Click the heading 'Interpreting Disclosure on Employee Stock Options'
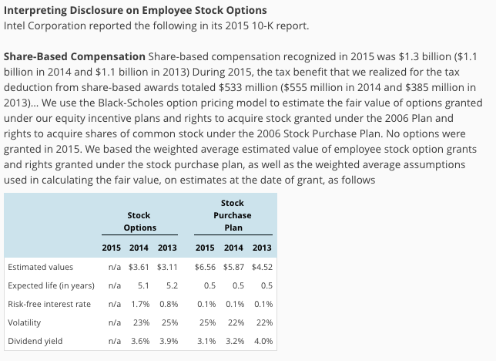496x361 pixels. click(136, 10)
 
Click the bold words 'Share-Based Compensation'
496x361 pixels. click(74, 57)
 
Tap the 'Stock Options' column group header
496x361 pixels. click(139, 221)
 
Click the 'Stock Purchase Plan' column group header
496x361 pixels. click(233, 215)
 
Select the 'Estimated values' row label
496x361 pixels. click(40, 267)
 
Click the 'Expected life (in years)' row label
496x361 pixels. click(51, 285)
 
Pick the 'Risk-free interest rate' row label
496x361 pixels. click(49, 304)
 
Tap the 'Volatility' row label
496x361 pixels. click(24, 322)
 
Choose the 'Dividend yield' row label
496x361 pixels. click(34, 341)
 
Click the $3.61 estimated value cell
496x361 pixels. click(139, 267)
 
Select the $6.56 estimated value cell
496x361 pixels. click(205, 267)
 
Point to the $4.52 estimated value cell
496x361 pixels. click(262, 267)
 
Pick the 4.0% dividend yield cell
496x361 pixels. click(263, 341)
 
